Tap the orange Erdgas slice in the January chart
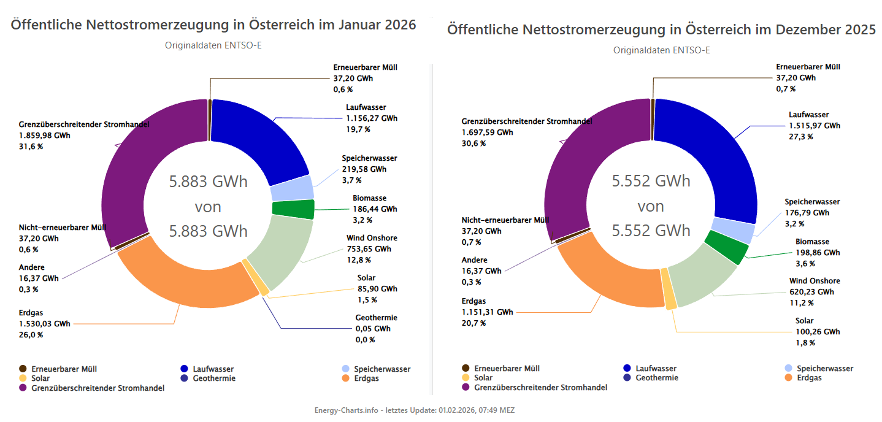(184, 282)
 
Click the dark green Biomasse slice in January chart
(293, 209)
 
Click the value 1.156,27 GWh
(371, 118)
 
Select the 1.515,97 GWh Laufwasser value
(814, 126)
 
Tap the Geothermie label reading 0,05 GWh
(373, 329)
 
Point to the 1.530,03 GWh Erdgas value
(44, 324)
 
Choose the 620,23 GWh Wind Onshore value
(815, 292)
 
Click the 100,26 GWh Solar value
(818, 332)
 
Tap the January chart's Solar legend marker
(23, 378)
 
